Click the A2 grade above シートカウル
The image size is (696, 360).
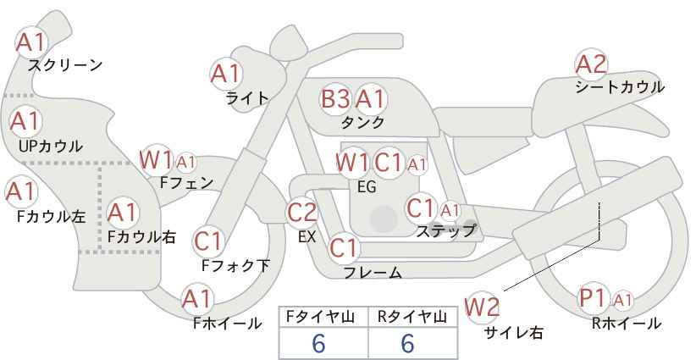(591, 65)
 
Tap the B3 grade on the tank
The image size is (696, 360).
(335, 99)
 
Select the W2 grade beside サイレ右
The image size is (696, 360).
(482, 307)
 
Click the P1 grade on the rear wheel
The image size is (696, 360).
(594, 298)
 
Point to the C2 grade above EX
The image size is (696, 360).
(302, 212)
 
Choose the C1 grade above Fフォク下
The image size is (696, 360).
(207, 242)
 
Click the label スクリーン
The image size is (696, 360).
(65, 66)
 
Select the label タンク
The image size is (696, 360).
(362, 122)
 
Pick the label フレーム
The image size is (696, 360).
(373, 273)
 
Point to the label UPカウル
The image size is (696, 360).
(51, 146)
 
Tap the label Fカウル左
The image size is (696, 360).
(51, 216)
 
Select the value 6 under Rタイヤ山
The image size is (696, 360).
(407, 343)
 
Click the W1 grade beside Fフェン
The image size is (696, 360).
(156, 160)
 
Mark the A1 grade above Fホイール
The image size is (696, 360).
(197, 299)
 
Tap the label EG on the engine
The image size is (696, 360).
(367, 187)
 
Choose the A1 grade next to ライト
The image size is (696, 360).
(226, 74)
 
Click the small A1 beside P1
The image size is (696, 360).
(622, 301)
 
